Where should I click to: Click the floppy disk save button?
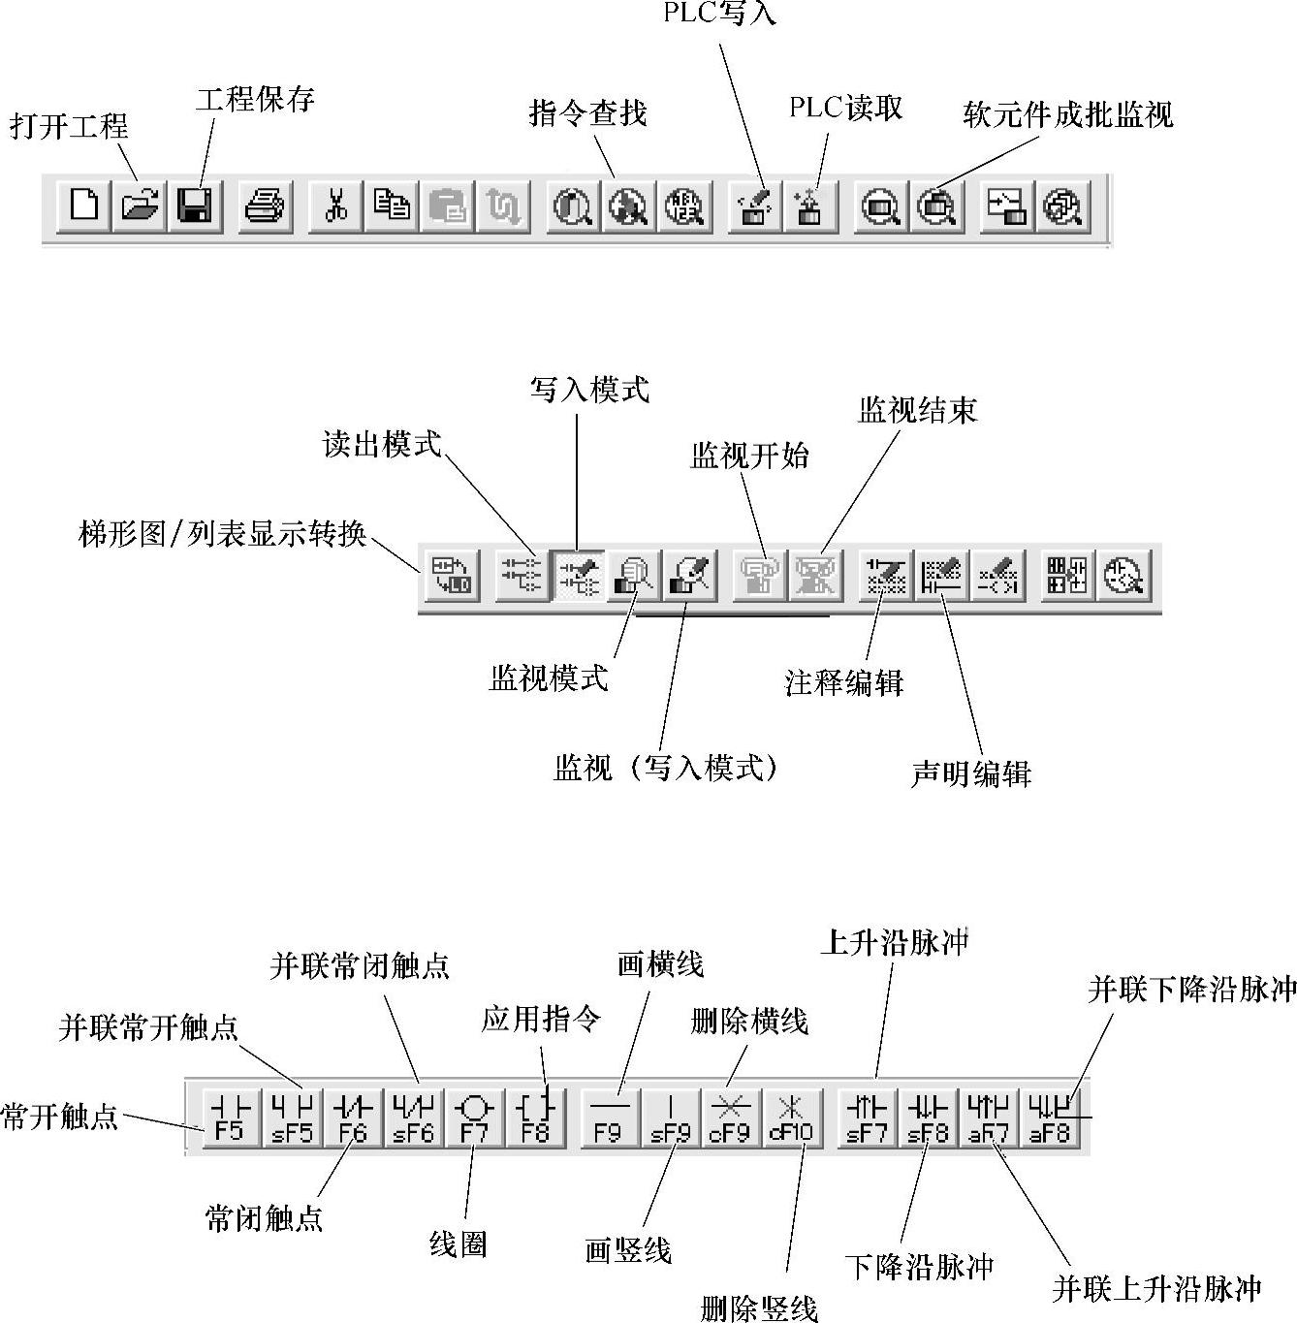pyautogui.click(x=195, y=206)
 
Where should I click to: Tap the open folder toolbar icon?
pyautogui.click(x=140, y=206)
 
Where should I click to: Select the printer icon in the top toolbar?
pyautogui.click(x=265, y=206)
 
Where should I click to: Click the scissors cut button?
pyautogui.click(x=336, y=206)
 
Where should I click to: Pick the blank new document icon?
pyautogui.click(x=84, y=206)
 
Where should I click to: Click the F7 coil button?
pyautogui.click(x=475, y=1118)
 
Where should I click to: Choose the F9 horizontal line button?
pyautogui.click(x=609, y=1118)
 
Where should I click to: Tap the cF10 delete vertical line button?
pyautogui.click(x=791, y=1118)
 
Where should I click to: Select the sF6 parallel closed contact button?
pyautogui.click(x=414, y=1118)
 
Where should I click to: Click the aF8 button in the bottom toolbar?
pyautogui.click(x=1049, y=1118)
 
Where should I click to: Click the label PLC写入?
pyautogui.click(x=719, y=14)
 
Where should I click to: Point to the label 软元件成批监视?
pyautogui.click(x=1068, y=115)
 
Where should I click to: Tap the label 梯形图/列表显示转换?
pyautogui.click(x=222, y=534)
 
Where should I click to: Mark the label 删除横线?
pyautogui.click(x=749, y=1022)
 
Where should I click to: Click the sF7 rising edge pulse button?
pyautogui.click(x=867, y=1118)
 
